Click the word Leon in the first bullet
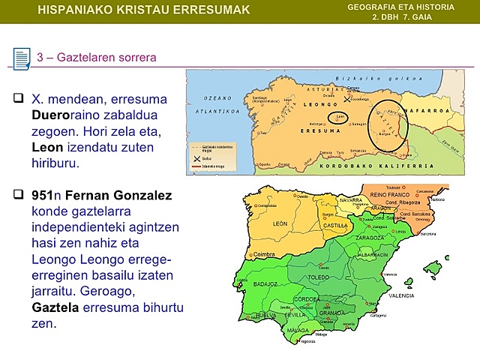click(x=47, y=148)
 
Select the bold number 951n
click(x=46, y=196)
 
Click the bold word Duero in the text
click(x=51, y=115)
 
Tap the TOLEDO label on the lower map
click(x=318, y=277)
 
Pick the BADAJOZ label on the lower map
click(x=266, y=284)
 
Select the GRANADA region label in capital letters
click(x=331, y=313)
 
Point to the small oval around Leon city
click(x=340, y=117)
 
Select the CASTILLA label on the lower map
click(x=334, y=225)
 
